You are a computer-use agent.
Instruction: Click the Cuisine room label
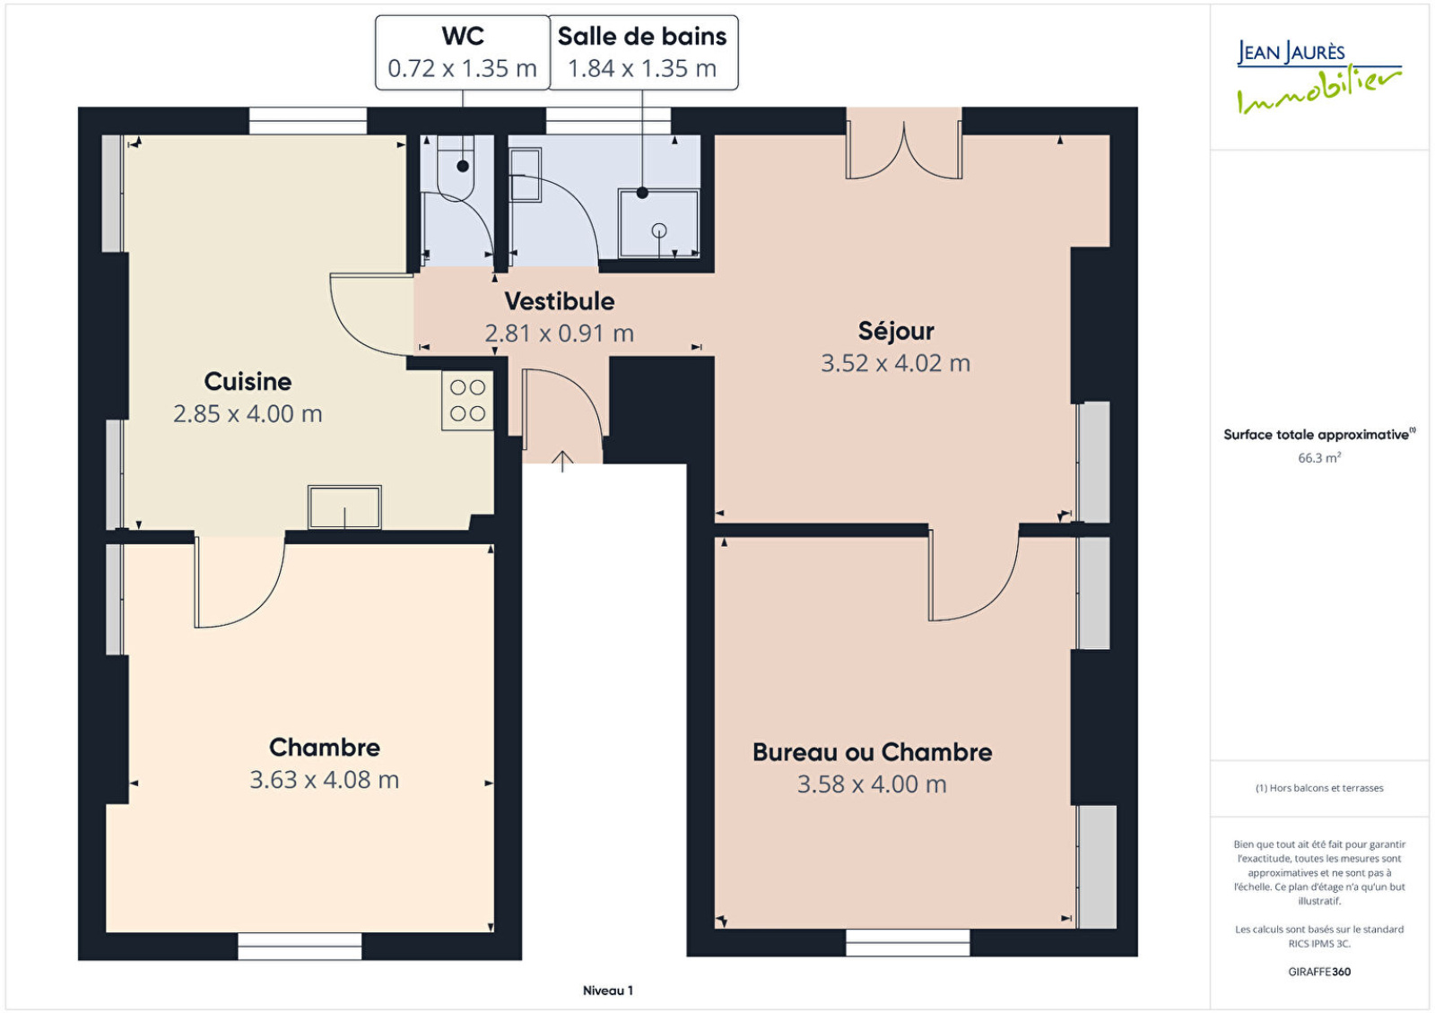[248, 382]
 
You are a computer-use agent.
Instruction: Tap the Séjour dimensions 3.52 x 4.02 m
[896, 363]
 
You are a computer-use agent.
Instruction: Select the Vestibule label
[560, 301]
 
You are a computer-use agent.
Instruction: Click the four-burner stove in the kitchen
[467, 401]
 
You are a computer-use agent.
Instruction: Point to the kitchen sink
[344, 507]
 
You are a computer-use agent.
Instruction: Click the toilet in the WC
[456, 167]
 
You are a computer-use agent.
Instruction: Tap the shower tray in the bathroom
[658, 223]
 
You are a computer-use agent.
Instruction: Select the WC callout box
[463, 53]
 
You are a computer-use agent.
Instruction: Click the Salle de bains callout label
[642, 37]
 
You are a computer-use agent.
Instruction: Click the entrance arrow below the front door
[562, 461]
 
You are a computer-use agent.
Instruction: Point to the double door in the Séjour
[904, 151]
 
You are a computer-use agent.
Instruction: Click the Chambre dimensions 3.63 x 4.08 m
[324, 779]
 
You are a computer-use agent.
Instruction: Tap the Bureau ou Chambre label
[872, 752]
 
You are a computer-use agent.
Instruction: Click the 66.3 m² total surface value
[1319, 458]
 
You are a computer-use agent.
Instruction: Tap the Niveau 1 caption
[608, 991]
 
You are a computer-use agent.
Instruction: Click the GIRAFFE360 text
[1319, 972]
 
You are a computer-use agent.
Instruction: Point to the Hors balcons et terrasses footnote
[1319, 788]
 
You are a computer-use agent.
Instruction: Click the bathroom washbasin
[526, 175]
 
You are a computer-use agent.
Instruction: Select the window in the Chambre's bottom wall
[300, 946]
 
